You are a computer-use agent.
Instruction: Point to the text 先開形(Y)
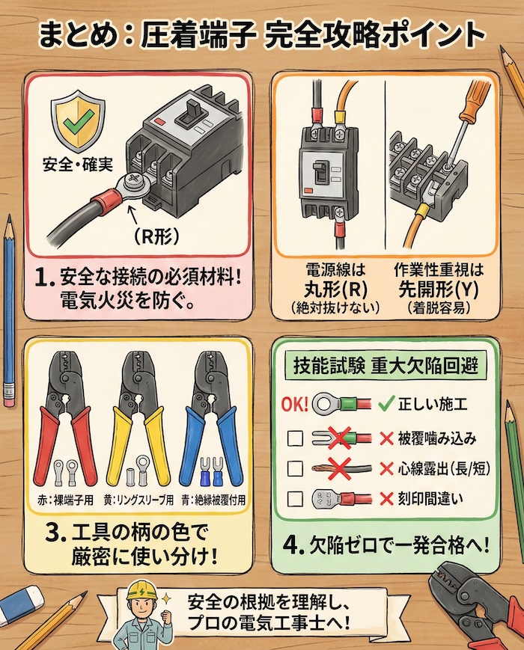(426, 288)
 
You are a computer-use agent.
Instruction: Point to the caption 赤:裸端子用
(65, 499)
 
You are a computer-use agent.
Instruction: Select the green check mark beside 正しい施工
(386, 405)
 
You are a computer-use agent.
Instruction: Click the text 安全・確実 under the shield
(78, 163)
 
